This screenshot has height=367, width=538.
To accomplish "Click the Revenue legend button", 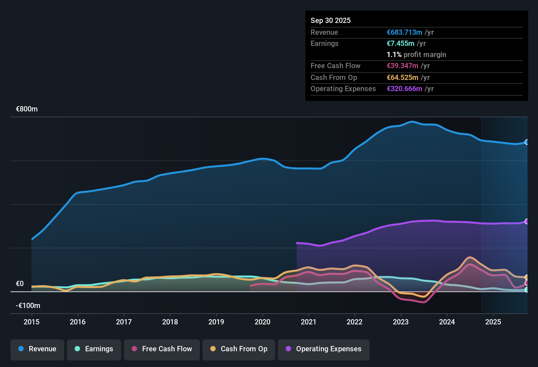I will pyautogui.click(x=37, y=349).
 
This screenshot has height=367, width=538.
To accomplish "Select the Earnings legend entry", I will pyautogui.click(x=94, y=349).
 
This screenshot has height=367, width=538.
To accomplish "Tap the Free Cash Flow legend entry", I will pyautogui.click(x=162, y=349).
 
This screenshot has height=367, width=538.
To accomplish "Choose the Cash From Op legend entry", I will pyautogui.click(x=239, y=349).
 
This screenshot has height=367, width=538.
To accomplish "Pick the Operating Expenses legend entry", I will pyautogui.click(x=324, y=349).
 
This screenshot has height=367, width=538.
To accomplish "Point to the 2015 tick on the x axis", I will pyautogui.click(x=31, y=322).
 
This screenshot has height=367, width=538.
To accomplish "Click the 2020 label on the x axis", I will pyautogui.click(x=262, y=322).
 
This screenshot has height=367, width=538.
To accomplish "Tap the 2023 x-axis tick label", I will pyautogui.click(x=401, y=322).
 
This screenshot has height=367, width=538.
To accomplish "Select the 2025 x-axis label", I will pyautogui.click(x=493, y=322).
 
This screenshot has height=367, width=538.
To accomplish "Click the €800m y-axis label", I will pyautogui.click(x=27, y=109).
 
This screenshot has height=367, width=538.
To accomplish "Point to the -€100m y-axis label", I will pyautogui.click(x=28, y=306).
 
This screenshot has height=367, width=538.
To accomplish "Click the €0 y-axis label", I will pyautogui.click(x=20, y=284).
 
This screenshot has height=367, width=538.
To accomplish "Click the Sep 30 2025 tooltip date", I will pyautogui.click(x=331, y=21).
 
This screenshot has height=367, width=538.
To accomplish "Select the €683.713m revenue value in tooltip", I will pyautogui.click(x=404, y=32).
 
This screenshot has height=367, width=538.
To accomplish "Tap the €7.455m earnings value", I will pyautogui.click(x=400, y=44).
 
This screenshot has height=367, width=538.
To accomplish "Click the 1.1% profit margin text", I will pyautogui.click(x=416, y=55).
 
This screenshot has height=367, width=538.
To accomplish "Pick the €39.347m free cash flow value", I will pyautogui.click(x=402, y=66).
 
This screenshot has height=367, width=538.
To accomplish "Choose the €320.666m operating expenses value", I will pyautogui.click(x=404, y=89).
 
